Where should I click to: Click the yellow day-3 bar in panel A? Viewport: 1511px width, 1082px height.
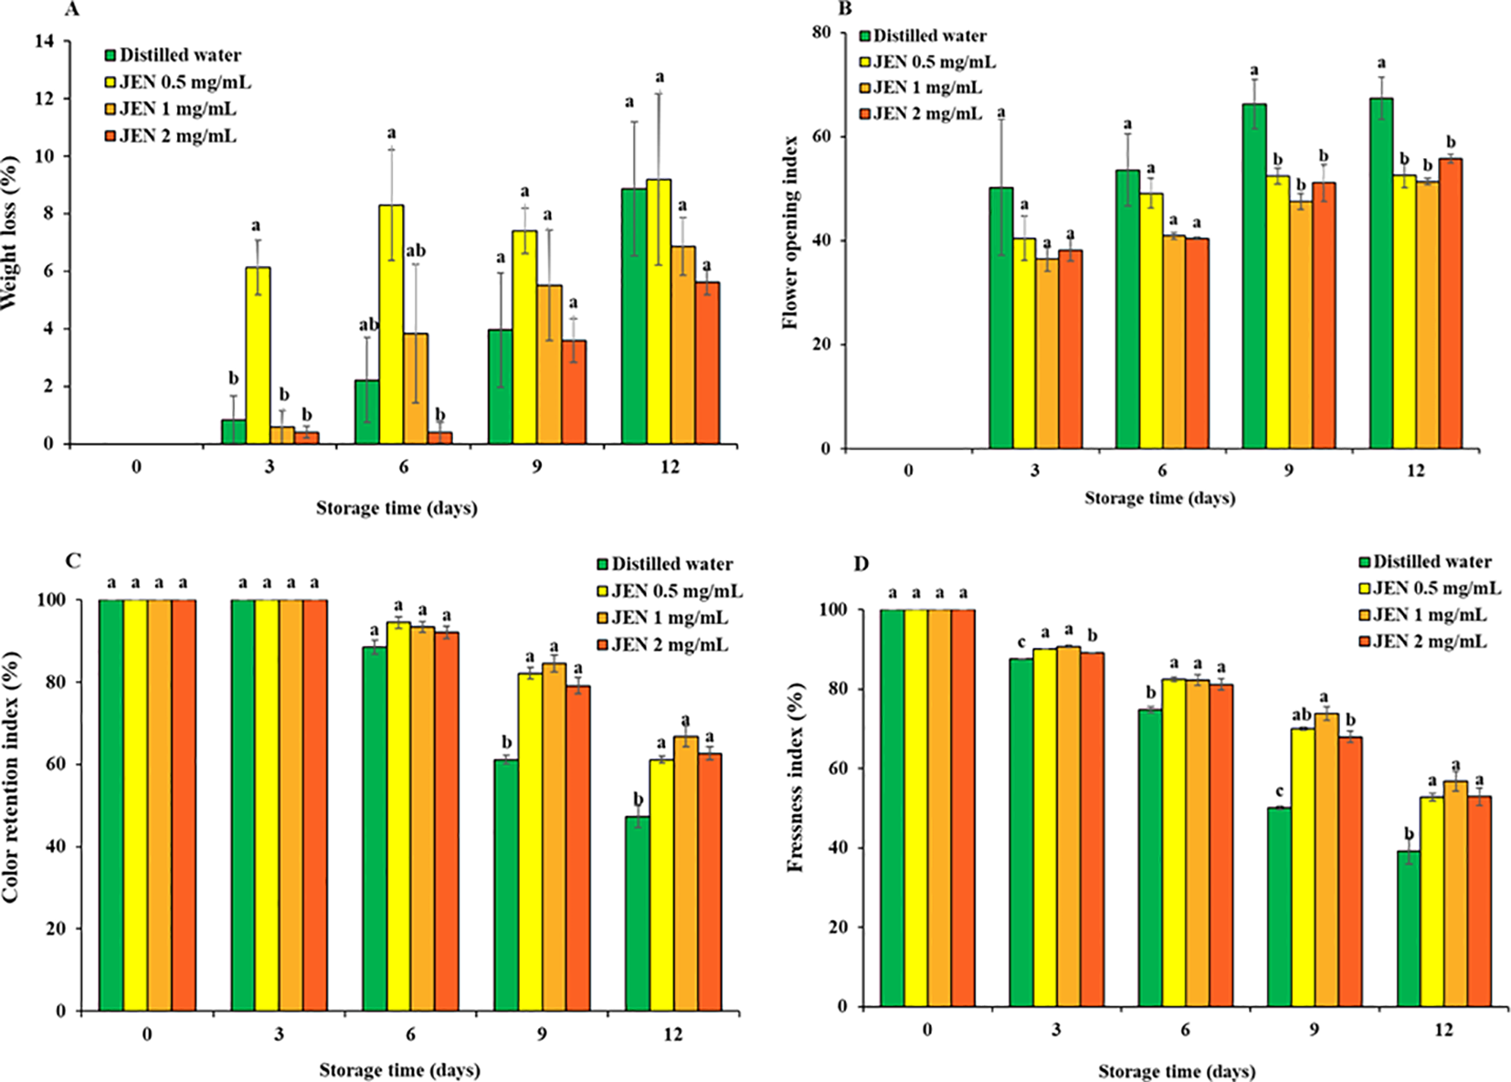coord(258,356)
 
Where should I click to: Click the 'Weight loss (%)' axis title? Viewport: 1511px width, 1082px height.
coord(11,233)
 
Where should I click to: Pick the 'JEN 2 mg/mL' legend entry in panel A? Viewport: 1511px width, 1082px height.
coord(177,136)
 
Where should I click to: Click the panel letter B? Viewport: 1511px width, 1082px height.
coord(845,9)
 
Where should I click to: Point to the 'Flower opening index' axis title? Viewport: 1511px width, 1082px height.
coord(791,232)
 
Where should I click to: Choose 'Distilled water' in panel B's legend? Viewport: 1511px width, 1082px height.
coord(929,36)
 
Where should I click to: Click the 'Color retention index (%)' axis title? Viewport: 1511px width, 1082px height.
coord(11,777)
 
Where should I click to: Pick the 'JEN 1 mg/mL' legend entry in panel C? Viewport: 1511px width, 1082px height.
coord(669,619)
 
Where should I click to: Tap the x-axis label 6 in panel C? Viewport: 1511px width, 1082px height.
coord(410,1034)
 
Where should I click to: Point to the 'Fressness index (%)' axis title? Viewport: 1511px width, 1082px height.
coord(796,777)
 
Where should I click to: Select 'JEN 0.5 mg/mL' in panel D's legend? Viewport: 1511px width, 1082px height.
coord(1436,589)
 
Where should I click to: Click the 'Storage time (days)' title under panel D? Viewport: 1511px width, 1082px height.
coord(1177,1071)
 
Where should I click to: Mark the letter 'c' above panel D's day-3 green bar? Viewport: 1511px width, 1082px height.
coord(1021,642)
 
